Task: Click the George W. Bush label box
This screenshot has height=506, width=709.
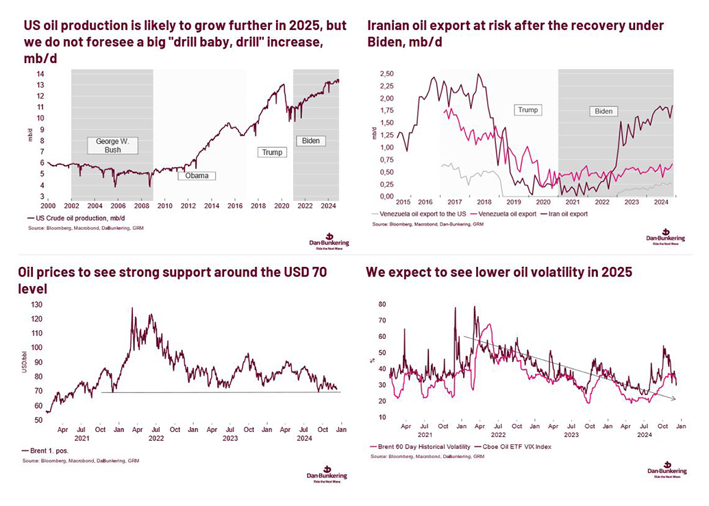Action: [113, 145]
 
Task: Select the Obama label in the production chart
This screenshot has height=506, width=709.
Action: [197, 176]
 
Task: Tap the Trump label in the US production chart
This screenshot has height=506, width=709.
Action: [271, 152]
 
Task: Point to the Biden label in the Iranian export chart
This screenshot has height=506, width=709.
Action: [604, 111]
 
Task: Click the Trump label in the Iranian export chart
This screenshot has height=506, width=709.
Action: [528, 110]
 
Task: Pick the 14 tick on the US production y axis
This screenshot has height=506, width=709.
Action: [40, 74]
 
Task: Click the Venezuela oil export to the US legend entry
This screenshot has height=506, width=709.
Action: [420, 214]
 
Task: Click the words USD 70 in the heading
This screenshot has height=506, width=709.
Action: [306, 273]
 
